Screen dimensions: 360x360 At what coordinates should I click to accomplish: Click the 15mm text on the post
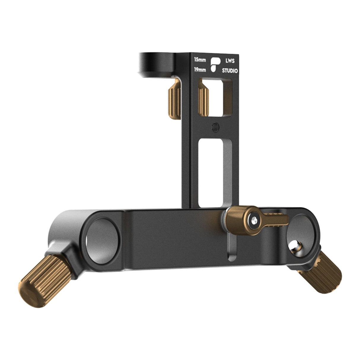pos(200,60)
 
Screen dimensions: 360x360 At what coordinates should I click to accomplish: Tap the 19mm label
pos(200,70)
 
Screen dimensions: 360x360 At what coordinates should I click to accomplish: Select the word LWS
pos(230,61)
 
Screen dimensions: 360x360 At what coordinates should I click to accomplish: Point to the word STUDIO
pos(230,71)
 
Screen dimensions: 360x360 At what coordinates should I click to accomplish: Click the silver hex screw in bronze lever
pos(254,220)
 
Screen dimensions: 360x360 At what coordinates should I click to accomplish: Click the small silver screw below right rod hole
pos(295,246)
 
